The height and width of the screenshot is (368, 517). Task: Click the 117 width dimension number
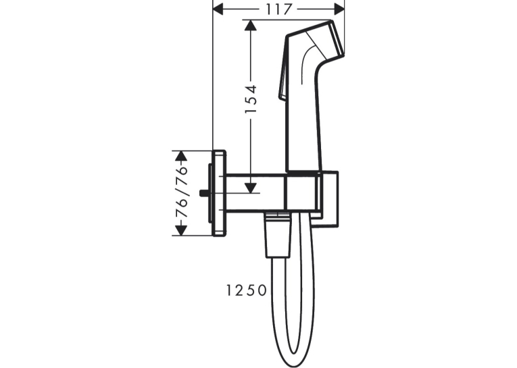click(x=279, y=9)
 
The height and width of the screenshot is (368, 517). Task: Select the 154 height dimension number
click(x=251, y=99)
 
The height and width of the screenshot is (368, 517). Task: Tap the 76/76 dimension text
click(x=181, y=192)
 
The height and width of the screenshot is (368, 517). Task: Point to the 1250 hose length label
click(x=246, y=290)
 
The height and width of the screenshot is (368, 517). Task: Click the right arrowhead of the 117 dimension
click(x=339, y=9)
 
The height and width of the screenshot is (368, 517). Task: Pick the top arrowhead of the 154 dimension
click(x=251, y=26)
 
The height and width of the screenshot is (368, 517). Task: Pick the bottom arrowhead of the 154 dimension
click(x=251, y=188)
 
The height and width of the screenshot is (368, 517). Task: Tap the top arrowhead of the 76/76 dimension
click(x=181, y=156)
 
